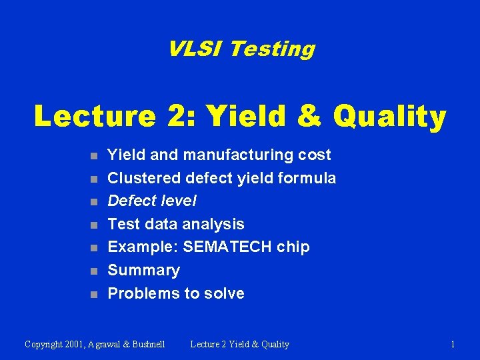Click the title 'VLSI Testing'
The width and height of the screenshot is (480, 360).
point(241,49)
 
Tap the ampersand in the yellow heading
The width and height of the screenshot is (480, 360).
point(309,116)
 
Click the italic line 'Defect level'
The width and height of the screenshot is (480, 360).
point(152,201)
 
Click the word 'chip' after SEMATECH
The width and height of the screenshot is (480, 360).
point(294,247)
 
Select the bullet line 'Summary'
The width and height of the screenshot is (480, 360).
point(143,270)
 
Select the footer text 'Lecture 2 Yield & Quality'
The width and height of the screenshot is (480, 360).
point(239,344)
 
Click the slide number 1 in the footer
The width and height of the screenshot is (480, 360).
point(453,344)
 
